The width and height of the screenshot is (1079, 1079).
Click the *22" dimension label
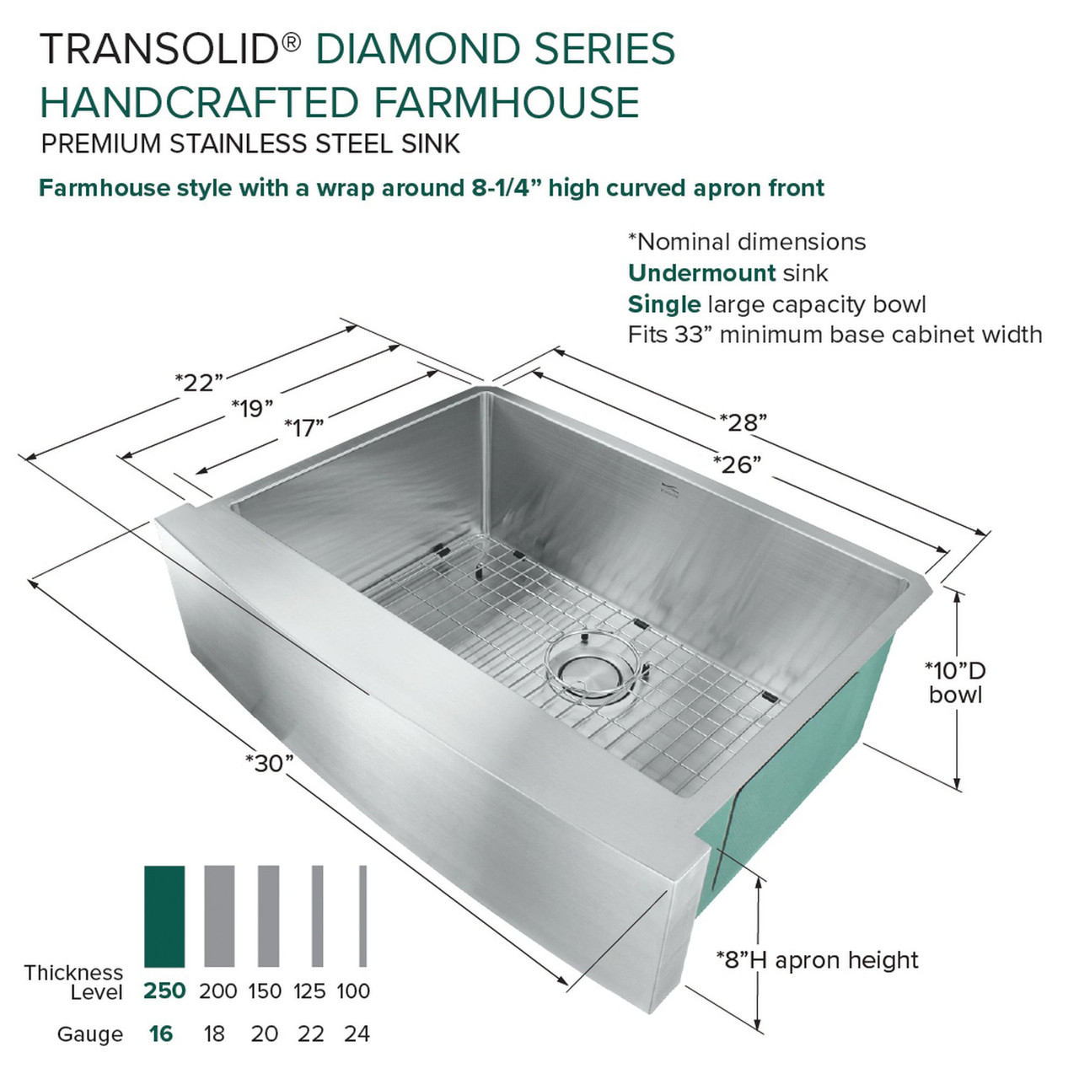pyautogui.click(x=199, y=382)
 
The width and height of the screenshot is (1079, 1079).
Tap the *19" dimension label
pyautogui.click(x=253, y=409)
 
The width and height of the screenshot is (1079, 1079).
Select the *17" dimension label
pyautogui.click(x=304, y=428)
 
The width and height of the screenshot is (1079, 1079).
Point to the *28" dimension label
pyautogui.click(x=743, y=421)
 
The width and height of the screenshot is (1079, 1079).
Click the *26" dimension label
pyautogui.click(x=737, y=464)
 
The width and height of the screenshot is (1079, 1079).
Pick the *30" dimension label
pyautogui.click(x=269, y=763)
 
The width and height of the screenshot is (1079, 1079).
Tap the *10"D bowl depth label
pyautogui.click(x=955, y=683)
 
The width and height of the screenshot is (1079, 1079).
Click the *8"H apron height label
pyautogui.click(x=817, y=960)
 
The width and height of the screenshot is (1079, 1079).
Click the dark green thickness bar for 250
pyautogui.click(x=164, y=916)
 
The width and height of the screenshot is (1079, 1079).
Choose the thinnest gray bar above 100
pyautogui.click(x=363, y=916)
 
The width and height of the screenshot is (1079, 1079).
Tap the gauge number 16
pyautogui.click(x=160, y=1033)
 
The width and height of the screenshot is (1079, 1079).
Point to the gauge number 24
pyautogui.click(x=357, y=1033)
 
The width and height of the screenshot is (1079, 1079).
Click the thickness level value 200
pyautogui.click(x=217, y=991)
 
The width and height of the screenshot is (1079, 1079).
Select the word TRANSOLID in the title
pyautogui.click(x=159, y=49)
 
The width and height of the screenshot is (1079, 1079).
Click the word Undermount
pyautogui.click(x=701, y=273)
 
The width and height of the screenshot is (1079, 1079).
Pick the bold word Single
pyautogui.click(x=664, y=304)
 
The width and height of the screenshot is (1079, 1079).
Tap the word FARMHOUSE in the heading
pyautogui.click(x=507, y=103)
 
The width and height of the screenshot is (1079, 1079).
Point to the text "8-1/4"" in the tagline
pyautogui.click(x=506, y=187)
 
